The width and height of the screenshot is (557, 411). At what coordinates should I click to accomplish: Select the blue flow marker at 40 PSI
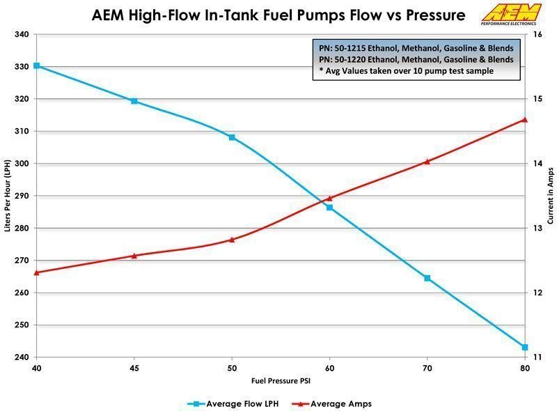coord(37,65)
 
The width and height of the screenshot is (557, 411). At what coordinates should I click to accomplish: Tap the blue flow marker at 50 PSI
coord(232,137)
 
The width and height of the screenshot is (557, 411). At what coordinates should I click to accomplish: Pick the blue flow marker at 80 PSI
coord(525,347)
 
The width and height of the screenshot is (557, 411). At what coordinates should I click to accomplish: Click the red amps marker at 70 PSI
coord(427,161)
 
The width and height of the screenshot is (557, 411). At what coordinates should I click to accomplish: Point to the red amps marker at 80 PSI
coord(525,119)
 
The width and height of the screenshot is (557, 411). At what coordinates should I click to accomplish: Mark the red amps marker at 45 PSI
coord(134,256)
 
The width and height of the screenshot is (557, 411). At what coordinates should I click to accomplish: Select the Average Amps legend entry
coord(336,403)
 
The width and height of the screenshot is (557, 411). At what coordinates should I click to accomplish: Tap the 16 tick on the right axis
coord(537,34)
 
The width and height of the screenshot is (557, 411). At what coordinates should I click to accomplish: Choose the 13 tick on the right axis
coord(537,228)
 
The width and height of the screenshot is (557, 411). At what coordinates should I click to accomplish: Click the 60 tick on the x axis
coord(329,367)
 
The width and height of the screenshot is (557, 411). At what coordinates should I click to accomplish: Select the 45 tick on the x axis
coord(134,367)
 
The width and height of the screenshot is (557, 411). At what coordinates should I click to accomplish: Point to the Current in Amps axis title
coord(550,196)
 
